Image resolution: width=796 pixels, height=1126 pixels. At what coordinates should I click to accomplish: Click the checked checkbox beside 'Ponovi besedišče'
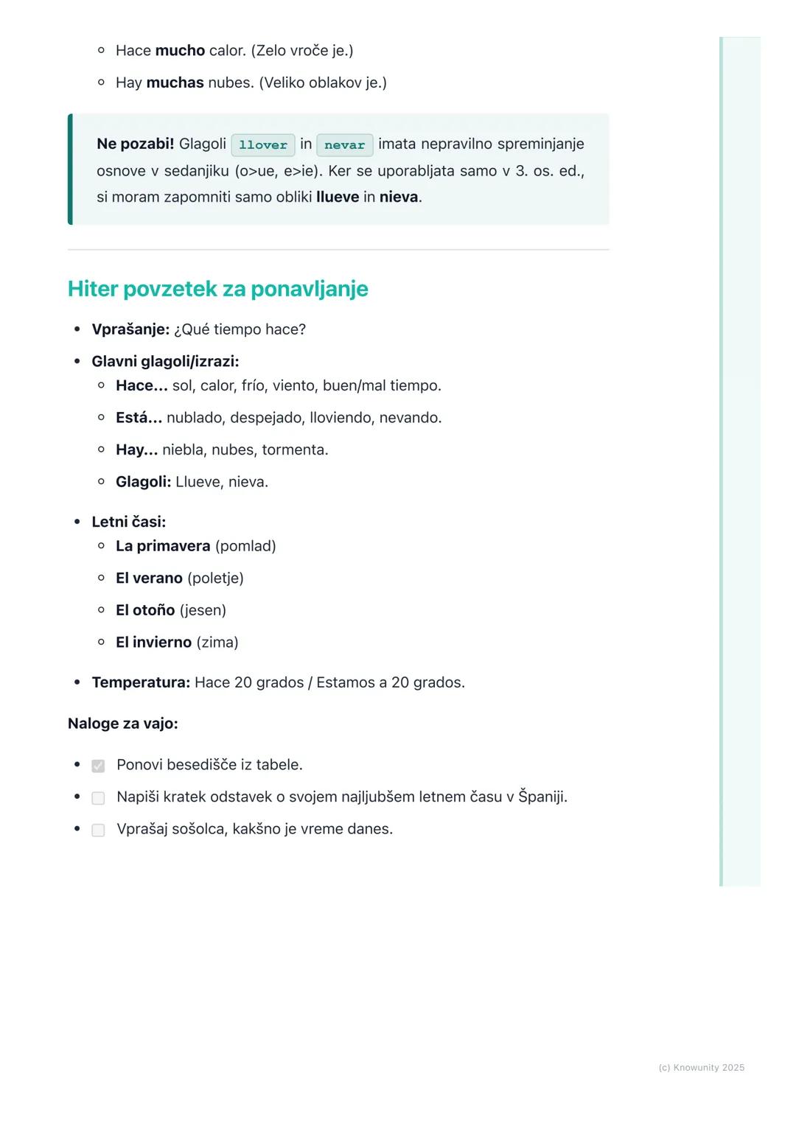98,766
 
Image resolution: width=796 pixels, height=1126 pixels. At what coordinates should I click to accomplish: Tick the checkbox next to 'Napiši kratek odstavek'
98,798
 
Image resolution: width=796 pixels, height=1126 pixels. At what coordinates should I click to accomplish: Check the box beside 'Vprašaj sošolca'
98,830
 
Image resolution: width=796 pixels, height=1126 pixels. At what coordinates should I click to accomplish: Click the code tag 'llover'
263,145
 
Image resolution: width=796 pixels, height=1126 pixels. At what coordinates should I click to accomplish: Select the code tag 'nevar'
345,145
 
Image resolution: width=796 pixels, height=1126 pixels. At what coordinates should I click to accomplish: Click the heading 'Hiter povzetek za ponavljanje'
217,289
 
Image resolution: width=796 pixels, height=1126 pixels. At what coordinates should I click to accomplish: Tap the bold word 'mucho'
180,51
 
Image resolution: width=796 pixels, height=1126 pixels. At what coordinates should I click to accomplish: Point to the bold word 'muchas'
175,83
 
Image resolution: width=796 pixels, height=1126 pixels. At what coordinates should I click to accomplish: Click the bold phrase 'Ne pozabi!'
135,144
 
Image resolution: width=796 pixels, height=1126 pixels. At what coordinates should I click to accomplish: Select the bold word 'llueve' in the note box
338,197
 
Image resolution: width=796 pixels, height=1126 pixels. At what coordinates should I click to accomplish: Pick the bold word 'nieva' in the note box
399,197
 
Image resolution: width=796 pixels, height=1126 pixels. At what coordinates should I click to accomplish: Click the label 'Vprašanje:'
130,329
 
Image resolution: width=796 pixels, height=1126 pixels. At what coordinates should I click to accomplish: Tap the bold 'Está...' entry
139,418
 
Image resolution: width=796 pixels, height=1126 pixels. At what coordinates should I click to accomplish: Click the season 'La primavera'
163,546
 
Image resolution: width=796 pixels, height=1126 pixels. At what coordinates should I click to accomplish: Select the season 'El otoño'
145,610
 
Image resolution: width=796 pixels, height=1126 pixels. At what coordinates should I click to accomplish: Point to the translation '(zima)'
217,643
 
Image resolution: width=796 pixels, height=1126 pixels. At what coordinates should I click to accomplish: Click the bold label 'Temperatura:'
141,682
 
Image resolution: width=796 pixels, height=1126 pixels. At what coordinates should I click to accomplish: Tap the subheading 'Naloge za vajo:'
123,724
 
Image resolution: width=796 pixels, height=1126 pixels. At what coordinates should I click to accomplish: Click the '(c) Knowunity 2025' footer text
701,1068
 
